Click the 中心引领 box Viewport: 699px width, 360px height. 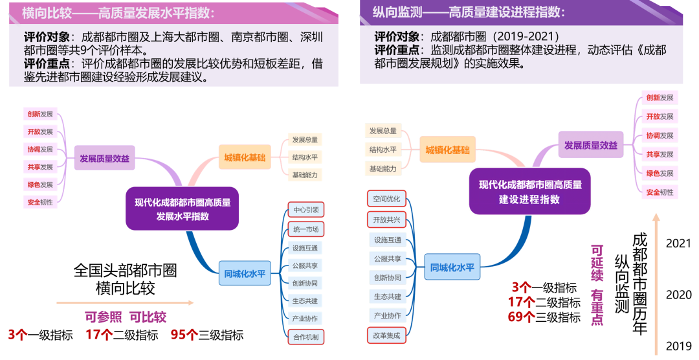(x=305, y=210)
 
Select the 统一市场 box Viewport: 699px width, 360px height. (x=305, y=229)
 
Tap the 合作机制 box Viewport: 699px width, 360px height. (x=305, y=337)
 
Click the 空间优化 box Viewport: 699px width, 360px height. (x=387, y=198)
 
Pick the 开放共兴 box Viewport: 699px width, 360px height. (x=387, y=220)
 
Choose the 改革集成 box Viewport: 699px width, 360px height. (x=387, y=335)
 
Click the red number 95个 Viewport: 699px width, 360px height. (x=184, y=334)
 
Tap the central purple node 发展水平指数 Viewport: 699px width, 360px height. (x=183, y=208)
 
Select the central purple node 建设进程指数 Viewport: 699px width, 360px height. (x=530, y=192)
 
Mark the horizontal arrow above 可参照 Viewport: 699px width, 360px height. (x=125, y=302)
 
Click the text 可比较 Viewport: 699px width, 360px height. (x=148, y=317)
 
